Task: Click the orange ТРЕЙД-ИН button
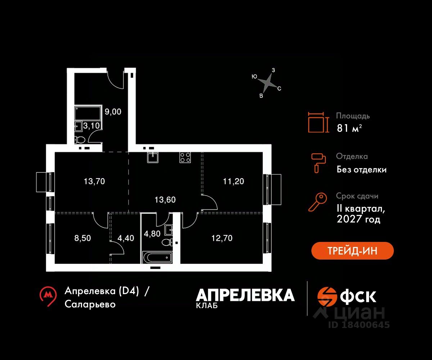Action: coord(352,251)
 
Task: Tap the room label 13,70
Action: coord(94,181)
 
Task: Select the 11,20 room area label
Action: coord(233,181)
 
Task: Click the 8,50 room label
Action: coord(82,238)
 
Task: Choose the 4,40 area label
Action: coord(126,238)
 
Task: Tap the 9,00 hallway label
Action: coord(113,112)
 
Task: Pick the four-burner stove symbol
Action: coord(185,157)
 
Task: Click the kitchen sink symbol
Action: coord(153,157)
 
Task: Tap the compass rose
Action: coord(267,83)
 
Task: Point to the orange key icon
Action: coord(318,202)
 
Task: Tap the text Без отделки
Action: coord(361,170)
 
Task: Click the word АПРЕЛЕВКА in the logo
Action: coord(245,295)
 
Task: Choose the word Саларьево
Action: coord(90,304)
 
